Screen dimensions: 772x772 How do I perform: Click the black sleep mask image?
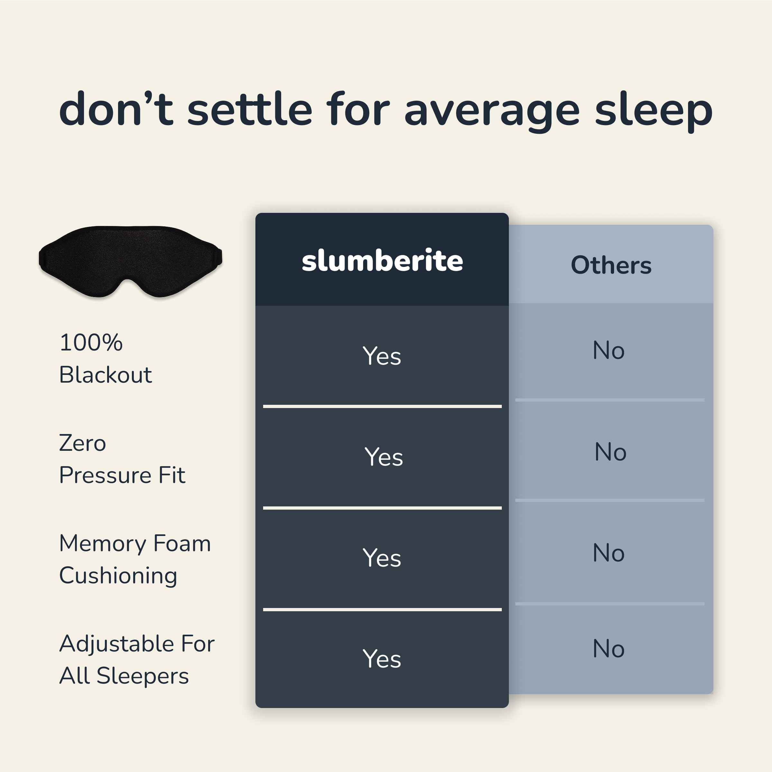(x=130, y=262)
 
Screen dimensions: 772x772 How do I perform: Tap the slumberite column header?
(x=382, y=260)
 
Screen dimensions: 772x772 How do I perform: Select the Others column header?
(x=611, y=265)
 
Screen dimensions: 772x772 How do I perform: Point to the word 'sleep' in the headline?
(x=654, y=109)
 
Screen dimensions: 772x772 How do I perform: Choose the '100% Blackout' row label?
(x=106, y=359)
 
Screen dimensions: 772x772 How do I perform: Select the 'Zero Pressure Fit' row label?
(x=122, y=459)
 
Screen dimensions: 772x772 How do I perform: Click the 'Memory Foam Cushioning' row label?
(x=135, y=559)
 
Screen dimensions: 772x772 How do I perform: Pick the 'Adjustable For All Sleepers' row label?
(x=137, y=660)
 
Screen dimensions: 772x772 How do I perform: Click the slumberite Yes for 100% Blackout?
(x=382, y=356)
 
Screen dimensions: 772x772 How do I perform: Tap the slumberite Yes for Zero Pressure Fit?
(x=383, y=457)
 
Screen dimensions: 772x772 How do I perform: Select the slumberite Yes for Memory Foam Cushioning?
(x=382, y=558)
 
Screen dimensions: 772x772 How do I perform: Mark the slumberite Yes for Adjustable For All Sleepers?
(x=382, y=659)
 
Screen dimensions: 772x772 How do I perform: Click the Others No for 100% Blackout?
(x=609, y=350)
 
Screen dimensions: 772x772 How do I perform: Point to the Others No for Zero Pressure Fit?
(x=611, y=452)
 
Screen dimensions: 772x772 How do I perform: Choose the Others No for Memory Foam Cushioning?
(x=609, y=553)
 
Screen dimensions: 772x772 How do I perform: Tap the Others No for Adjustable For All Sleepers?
(x=609, y=649)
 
